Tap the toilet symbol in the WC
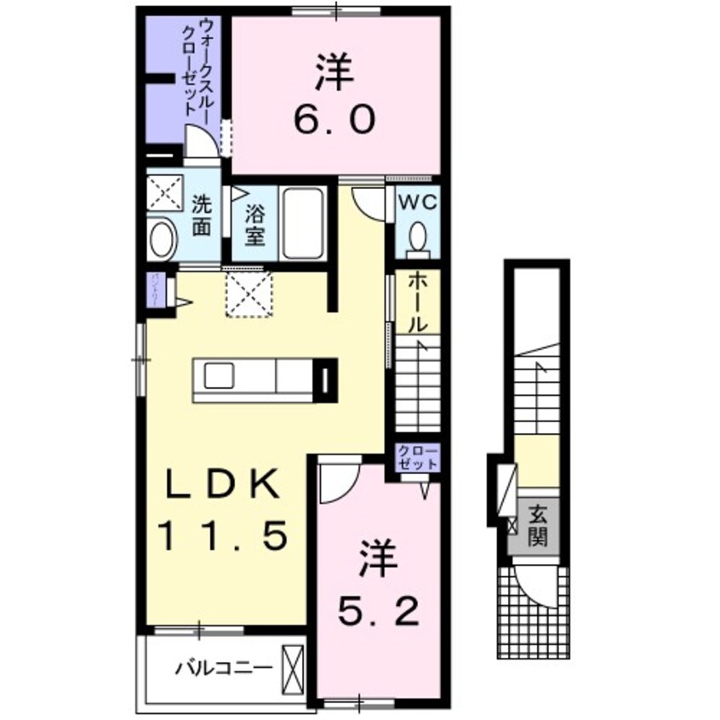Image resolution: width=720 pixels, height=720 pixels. [x=417, y=236]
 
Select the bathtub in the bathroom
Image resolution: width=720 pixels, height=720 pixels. [x=302, y=223]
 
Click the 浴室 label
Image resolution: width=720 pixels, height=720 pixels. [x=254, y=224]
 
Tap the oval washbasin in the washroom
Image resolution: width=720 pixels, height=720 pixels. [x=162, y=239]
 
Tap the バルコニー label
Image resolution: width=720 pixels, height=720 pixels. [x=224, y=666]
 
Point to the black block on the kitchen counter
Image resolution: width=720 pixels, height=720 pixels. [x=326, y=380]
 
